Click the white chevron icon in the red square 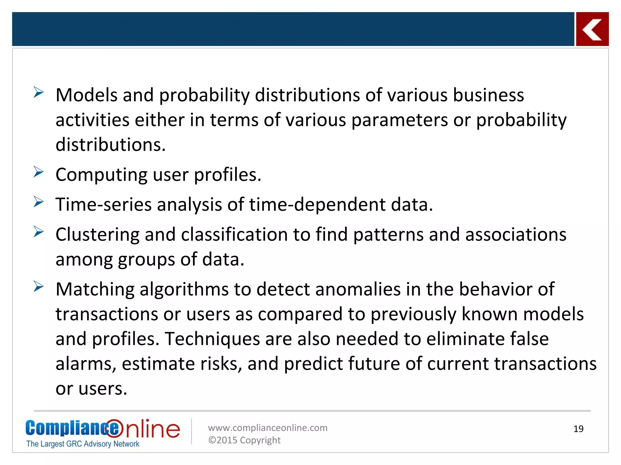pos(592,29)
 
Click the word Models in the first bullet pos(86,95)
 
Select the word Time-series pos(103,204)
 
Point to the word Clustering pos(97,235)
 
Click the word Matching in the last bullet pos(95,289)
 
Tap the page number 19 pos(578,429)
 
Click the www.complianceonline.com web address pos(267,428)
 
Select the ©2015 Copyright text pos(244,440)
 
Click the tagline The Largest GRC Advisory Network pos(83,444)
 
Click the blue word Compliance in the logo pos(72,428)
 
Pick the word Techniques pos(212,339)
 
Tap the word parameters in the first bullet pos(399,120)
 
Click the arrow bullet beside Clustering pos(39,232)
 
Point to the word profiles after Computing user pos(227,175)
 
